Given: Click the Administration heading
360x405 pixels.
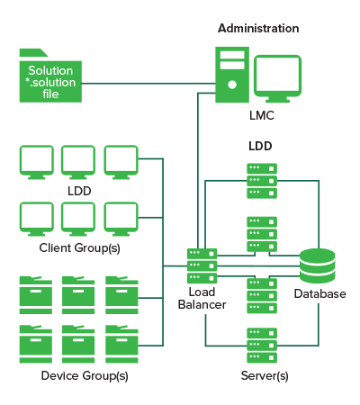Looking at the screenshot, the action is point(258,29).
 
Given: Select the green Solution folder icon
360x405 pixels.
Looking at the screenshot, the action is point(50,76).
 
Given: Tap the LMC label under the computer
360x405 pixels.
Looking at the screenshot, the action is point(262,115).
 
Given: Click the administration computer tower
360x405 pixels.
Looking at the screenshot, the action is point(232,75).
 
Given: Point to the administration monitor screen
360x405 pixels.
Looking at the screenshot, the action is point(277,78).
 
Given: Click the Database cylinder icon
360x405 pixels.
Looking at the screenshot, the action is point(318,265).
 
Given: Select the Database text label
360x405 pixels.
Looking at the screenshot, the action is point(319,293).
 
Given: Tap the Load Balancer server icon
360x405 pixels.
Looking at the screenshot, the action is point(202,265).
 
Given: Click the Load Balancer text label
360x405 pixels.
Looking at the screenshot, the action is point(202,299).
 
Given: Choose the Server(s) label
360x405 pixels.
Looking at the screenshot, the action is point(265,376).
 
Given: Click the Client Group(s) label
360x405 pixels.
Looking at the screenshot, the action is point(79,248).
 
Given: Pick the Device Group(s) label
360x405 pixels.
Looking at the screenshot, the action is point(85,376).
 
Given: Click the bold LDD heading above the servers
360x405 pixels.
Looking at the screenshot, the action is point(260,146).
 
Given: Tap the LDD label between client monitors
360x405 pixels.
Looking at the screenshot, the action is point(79,191).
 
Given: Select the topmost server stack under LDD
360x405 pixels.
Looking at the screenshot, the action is point(262,181).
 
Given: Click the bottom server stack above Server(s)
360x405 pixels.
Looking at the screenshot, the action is point(262,346).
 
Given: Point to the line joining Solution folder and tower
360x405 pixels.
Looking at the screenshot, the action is point(148,84).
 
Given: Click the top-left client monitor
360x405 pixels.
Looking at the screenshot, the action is point(37,162).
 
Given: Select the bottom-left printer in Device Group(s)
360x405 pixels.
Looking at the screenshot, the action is point(36,344).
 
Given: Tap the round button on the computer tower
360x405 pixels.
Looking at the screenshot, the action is point(232,85).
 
